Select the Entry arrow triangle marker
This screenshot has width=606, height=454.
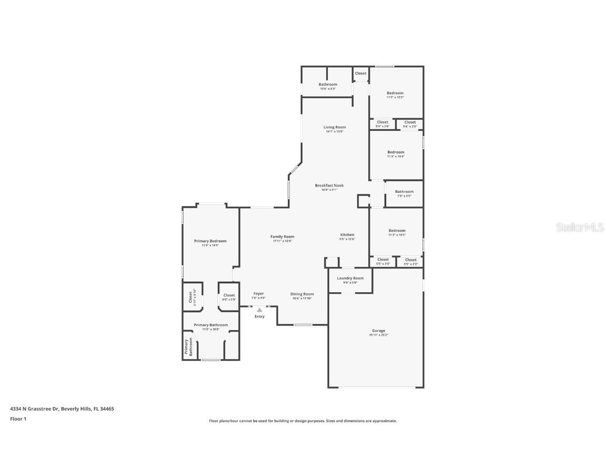[259, 310]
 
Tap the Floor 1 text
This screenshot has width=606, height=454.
[18, 419]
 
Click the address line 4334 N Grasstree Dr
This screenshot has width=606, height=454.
[62, 408]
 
